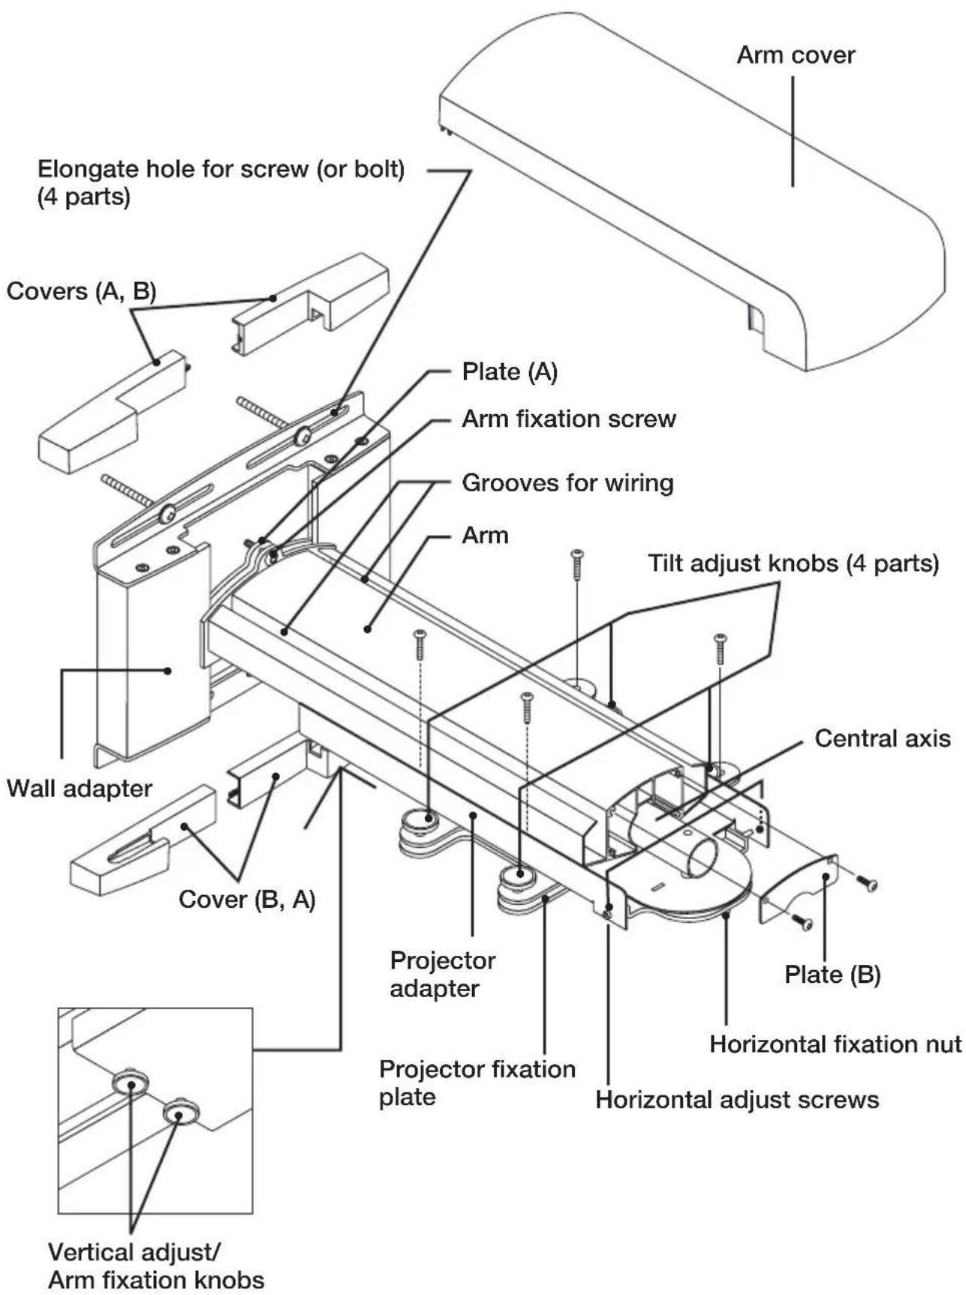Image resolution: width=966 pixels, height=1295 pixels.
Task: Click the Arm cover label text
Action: (795, 56)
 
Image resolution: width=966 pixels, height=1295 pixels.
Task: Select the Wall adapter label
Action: (79, 789)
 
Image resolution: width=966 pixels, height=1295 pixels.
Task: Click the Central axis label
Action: (882, 738)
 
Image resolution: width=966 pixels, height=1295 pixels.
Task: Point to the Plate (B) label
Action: (832, 975)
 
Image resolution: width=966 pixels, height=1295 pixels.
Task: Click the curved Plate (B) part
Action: (799, 889)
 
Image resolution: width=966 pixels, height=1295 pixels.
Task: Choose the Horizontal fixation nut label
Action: (835, 1044)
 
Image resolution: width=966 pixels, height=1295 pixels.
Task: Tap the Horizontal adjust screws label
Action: (736, 1100)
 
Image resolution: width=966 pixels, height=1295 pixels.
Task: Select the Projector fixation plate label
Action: (477, 1083)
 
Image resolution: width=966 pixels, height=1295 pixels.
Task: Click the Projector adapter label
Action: (443, 974)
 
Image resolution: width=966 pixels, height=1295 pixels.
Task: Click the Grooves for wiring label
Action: (567, 482)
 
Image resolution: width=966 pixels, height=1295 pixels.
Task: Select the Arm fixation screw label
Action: (568, 419)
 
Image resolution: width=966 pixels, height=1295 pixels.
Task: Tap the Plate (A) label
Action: (510, 371)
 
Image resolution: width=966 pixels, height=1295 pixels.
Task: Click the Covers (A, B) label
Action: (81, 291)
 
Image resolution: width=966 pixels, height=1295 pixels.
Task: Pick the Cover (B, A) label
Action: (247, 899)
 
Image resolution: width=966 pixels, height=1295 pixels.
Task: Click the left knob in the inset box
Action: (131, 1083)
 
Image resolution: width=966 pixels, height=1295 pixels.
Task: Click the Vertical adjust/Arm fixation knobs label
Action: (155, 1265)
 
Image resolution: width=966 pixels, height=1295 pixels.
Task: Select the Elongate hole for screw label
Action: (221, 182)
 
